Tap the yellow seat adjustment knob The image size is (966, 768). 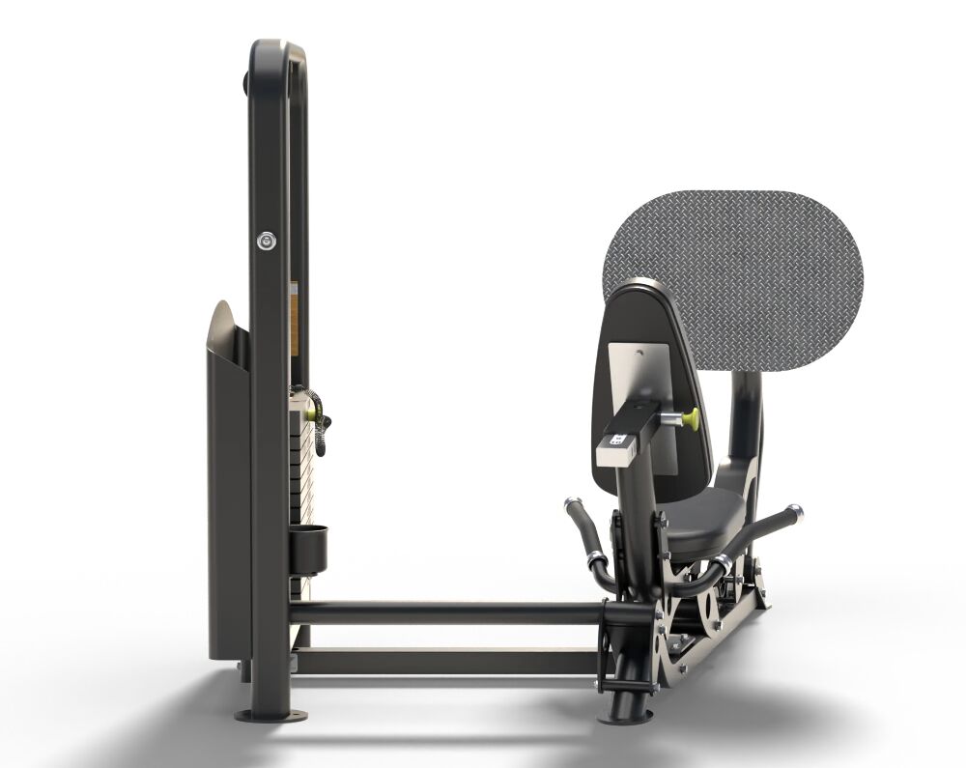[690, 417]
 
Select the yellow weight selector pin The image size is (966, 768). [313, 411]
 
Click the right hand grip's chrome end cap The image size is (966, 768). [793, 511]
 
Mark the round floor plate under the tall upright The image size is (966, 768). [271, 716]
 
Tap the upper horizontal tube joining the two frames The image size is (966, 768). [444, 612]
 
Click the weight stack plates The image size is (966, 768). [306, 483]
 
